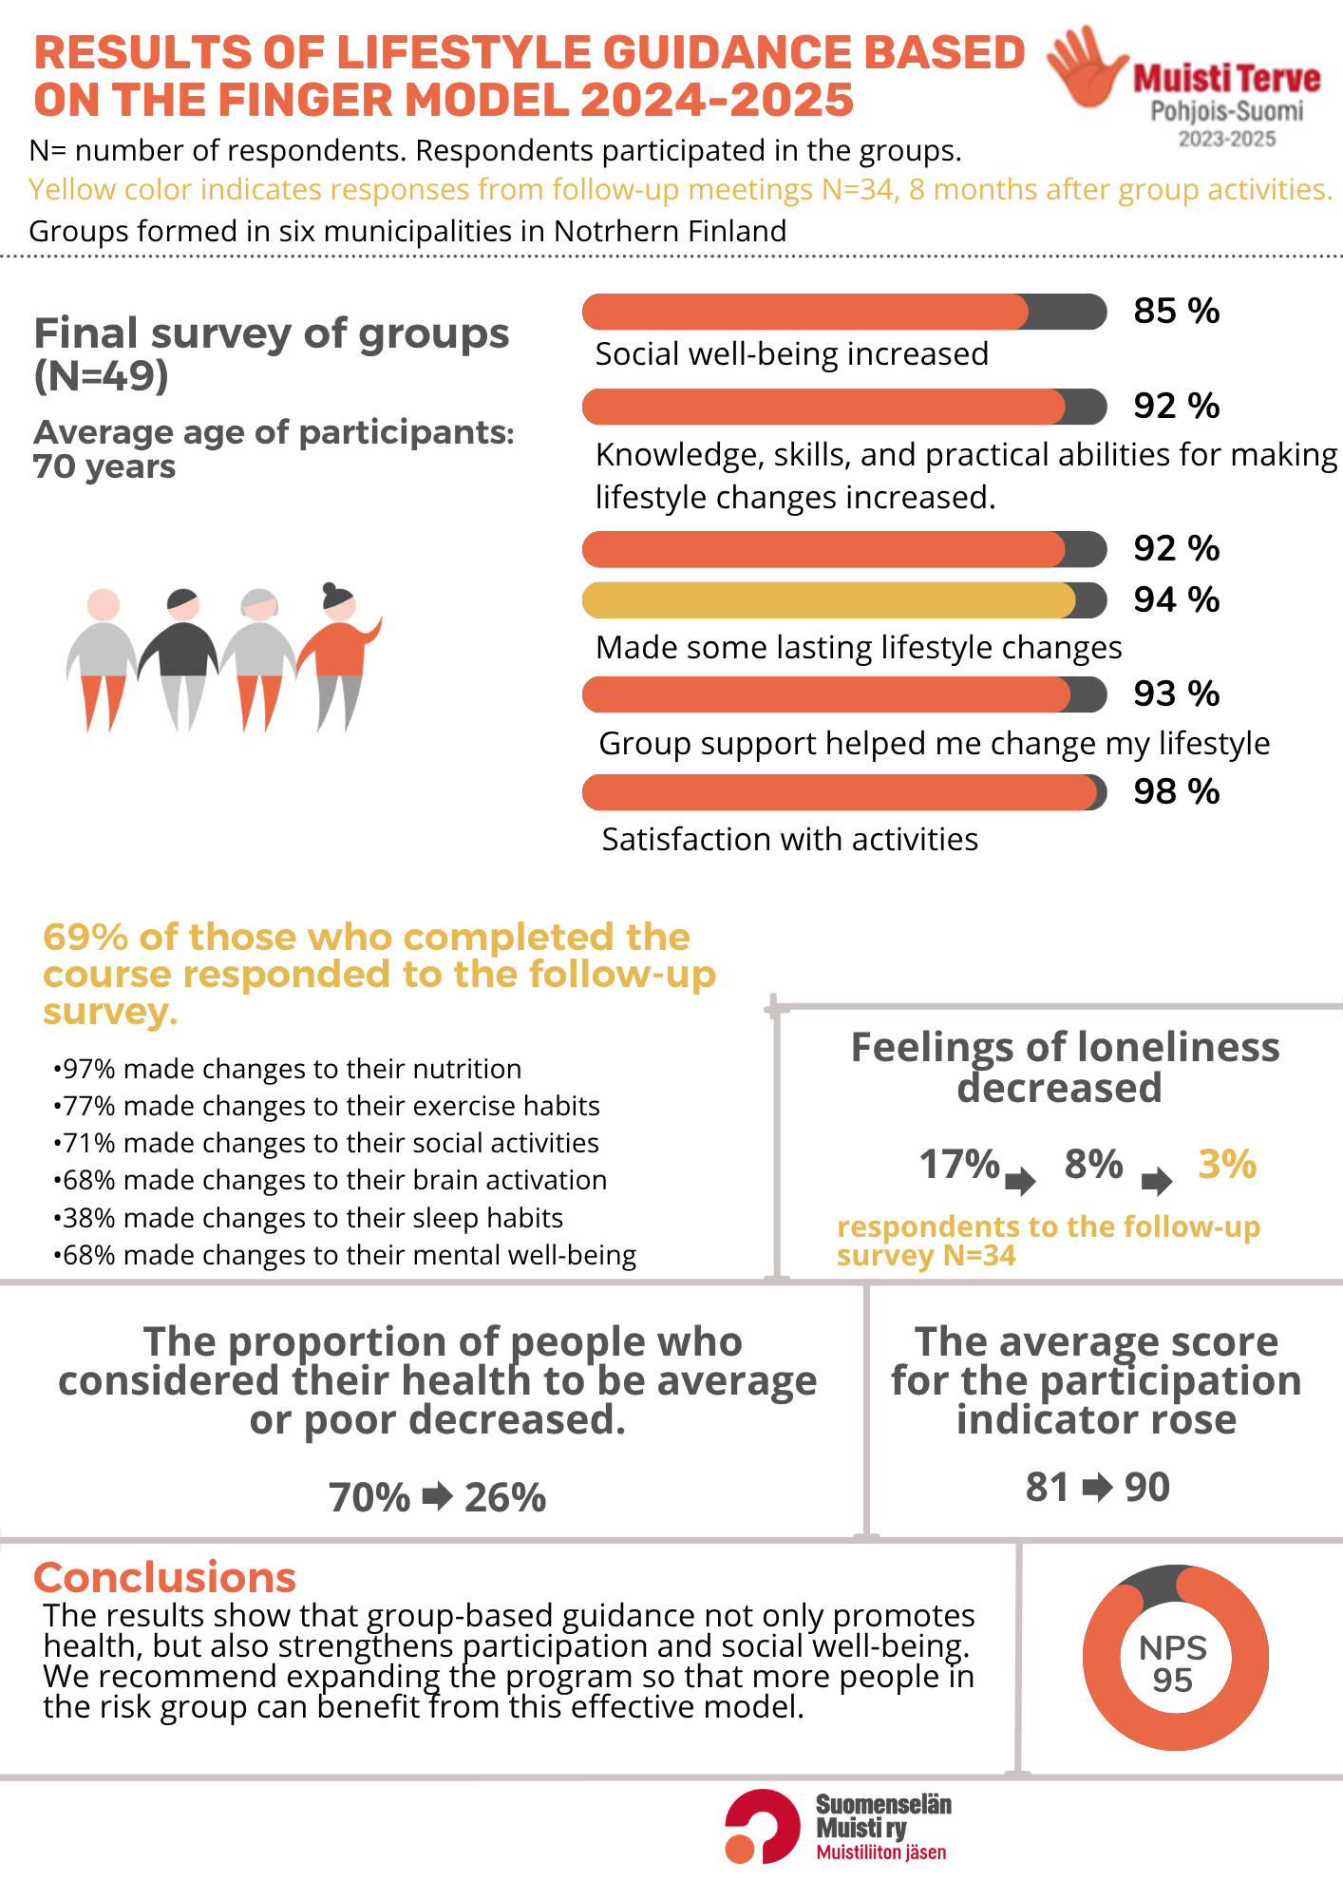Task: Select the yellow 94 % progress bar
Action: click(x=843, y=600)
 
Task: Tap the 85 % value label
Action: click(x=1176, y=312)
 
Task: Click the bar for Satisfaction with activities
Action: click(x=843, y=792)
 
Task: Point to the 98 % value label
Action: click(x=1176, y=792)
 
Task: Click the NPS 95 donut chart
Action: click(x=1175, y=1658)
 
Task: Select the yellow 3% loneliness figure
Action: click(x=1227, y=1165)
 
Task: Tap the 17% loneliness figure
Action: click(x=959, y=1165)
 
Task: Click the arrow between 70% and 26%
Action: click(x=438, y=1497)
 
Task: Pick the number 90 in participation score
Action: click(x=1147, y=1488)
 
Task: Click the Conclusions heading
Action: click(x=165, y=1578)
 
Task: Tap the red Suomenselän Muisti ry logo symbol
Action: click(x=762, y=1826)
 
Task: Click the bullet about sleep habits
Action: click(x=309, y=1218)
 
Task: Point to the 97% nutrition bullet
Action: click(x=288, y=1069)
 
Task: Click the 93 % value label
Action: click(x=1176, y=694)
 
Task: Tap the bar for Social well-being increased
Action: click(x=843, y=312)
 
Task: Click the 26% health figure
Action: click(x=505, y=1498)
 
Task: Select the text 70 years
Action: click(x=104, y=467)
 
